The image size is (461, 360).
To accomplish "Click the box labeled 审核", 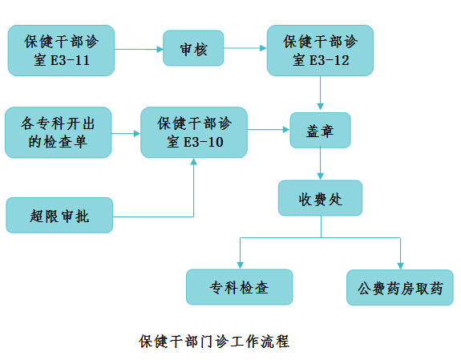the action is tap(193, 48).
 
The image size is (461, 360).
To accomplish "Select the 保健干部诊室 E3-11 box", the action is tap(61, 51).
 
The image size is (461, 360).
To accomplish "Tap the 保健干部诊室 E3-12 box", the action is tap(320, 51).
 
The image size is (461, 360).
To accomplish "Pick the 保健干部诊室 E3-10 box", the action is tap(194, 132).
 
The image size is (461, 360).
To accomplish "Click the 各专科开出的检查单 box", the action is tap(59, 132).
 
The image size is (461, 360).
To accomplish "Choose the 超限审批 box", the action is tap(59, 216).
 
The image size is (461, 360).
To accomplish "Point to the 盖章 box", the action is tap(320, 131).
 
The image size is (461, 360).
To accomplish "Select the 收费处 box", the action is tap(320, 198).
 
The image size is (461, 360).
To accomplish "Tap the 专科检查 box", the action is tap(240, 287).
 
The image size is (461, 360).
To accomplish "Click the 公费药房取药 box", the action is tap(400, 287).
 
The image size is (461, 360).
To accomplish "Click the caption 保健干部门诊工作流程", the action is tap(214, 342).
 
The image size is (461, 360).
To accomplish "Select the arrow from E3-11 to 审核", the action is tap(139, 49).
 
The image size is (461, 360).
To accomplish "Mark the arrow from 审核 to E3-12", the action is tap(245, 48).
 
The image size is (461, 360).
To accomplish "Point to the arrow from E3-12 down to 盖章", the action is tap(320, 93).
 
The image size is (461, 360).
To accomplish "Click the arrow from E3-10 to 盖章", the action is tap(269, 129).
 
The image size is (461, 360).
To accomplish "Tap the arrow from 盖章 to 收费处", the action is tap(320, 164).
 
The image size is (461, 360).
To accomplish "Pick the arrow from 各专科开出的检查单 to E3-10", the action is tap(126, 134).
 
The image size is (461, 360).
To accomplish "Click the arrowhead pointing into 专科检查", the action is tap(241, 265).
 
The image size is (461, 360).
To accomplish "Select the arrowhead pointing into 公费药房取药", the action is tap(400, 266).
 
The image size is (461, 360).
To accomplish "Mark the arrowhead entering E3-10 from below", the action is tap(193, 161).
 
